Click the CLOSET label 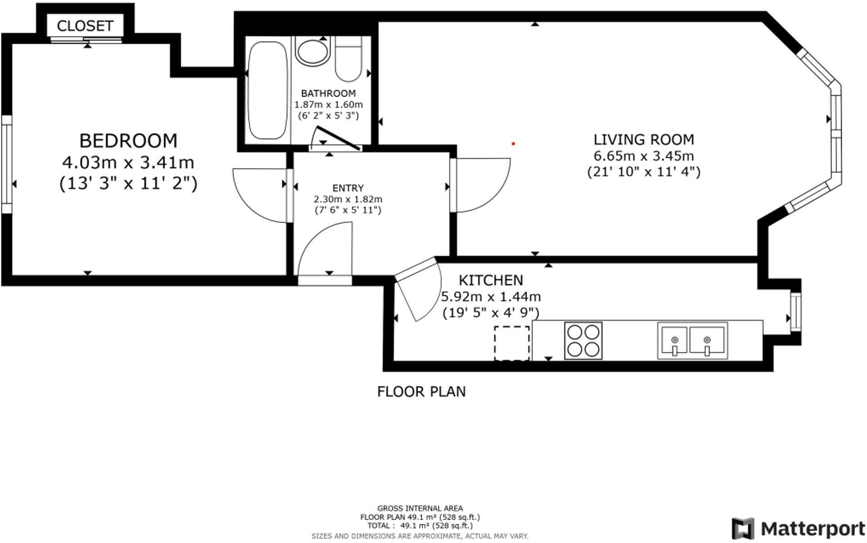point(85,26)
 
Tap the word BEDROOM point(128,141)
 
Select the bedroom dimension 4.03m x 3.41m point(128,162)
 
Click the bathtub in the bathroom point(268,90)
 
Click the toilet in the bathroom point(349,59)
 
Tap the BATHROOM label point(328,93)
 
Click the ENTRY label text point(348,188)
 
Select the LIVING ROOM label point(644,140)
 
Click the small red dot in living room point(513,144)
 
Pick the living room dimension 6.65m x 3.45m point(644,156)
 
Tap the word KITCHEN point(491,280)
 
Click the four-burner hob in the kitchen point(583,341)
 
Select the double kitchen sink point(693,340)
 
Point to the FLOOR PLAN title point(421,392)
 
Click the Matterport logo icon point(743,529)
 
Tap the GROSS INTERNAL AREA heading point(420,508)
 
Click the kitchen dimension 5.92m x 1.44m point(491,297)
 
